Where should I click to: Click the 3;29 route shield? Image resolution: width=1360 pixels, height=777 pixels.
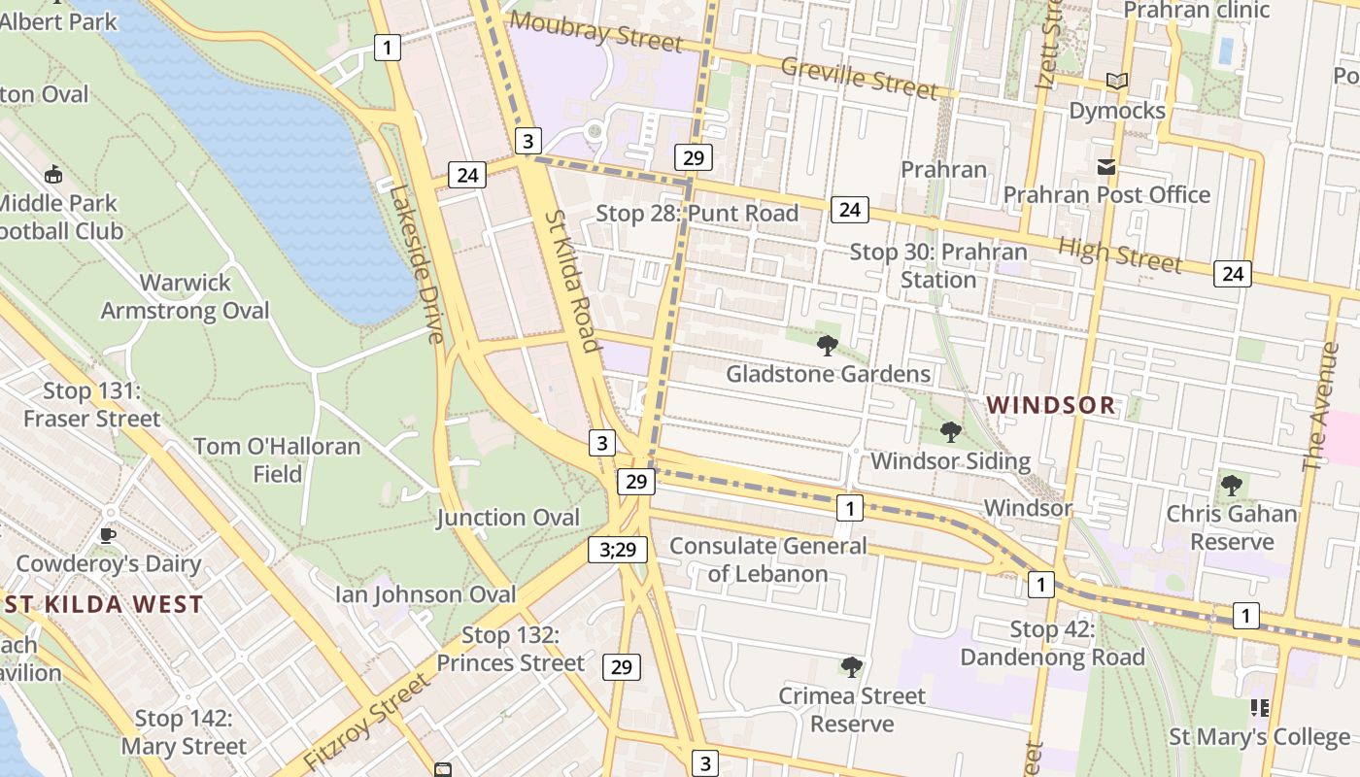tap(617, 550)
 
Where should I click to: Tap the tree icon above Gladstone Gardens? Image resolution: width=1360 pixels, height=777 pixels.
tap(828, 345)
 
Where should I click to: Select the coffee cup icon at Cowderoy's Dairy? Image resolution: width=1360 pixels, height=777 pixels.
tap(108, 535)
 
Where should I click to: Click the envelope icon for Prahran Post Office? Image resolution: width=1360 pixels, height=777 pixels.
tap(1105, 167)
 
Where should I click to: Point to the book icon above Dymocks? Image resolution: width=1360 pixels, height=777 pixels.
tap(1117, 82)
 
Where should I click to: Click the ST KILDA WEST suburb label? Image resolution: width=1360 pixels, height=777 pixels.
tap(104, 604)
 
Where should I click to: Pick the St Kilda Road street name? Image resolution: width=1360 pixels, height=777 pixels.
tap(571, 281)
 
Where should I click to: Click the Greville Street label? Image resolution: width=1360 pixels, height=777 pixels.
tap(859, 78)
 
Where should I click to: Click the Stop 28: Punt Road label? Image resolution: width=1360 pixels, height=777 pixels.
tap(697, 214)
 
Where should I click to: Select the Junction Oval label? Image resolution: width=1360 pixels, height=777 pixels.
tap(507, 518)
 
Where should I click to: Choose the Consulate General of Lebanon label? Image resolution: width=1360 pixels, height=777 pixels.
tap(767, 559)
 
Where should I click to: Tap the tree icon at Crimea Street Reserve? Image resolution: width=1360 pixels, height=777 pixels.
tap(852, 666)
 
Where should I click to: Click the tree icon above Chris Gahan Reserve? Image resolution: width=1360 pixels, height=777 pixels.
tap(1231, 484)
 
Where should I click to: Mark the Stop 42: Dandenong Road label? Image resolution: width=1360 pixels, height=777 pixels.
tap(1052, 643)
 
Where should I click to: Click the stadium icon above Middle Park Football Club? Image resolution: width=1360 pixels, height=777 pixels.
tap(53, 175)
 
